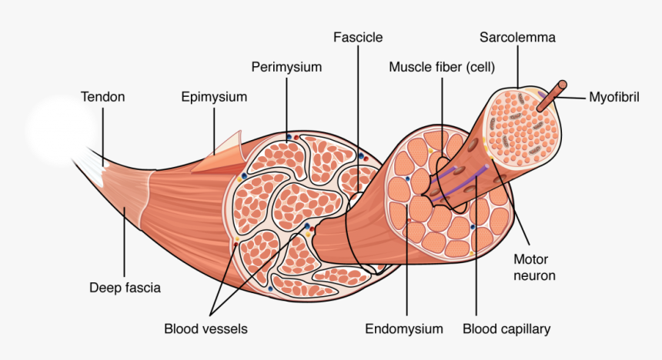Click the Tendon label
pyautogui.click(x=102, y=97)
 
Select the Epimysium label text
pyautogui.click(x=214, y=97)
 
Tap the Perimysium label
pyautogui.click(x=286, y=67)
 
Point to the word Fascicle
pyautogui.click(x=358, y=37)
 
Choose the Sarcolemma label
pyautogui.click(x=517, y=37)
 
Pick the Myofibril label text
pyautogui.click(x=614, y=97)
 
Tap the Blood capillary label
pyautogui.click(x=507, y=329)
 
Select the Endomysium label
pyautogui.click(x=404, y=329)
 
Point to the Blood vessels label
pyautogui.click(x=206, y=329)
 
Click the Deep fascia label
pyautogui.click(x=125, y=288)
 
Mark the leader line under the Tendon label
pyautogui.click(x=102, y=135)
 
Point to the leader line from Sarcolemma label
pyautogui.click(x=517, y=65)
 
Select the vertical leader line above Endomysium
pyautogui.click(x=405, y=269)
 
